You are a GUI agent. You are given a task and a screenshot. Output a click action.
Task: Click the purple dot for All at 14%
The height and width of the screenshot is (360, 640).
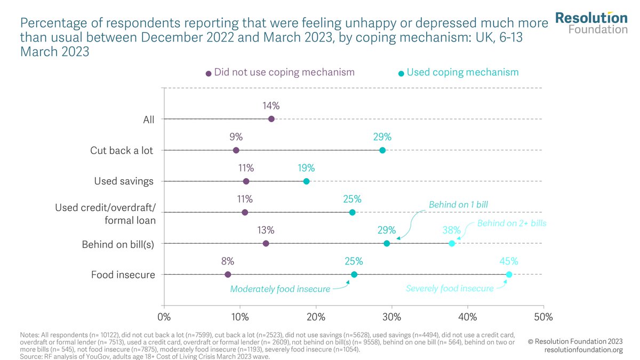tap(271, 118)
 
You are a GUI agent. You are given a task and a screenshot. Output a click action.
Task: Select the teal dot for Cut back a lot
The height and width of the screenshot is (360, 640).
tap(382, 150)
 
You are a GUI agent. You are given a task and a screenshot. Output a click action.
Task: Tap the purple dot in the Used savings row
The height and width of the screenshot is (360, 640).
tap(246, 181)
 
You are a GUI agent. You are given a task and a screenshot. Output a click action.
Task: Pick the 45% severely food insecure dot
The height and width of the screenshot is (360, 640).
tap(509, 274)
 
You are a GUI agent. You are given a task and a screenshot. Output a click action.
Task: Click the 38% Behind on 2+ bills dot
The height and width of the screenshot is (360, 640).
tap(452, 243)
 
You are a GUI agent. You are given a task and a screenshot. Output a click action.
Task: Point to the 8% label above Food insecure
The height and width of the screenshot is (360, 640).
tap(228, 261)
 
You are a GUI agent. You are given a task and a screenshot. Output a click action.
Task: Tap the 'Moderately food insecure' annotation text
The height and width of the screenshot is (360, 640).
tap(280, 289)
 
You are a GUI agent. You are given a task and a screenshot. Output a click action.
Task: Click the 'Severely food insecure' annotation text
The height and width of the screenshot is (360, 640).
tap(450, 289)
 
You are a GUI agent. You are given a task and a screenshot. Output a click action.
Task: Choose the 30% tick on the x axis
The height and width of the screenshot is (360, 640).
tap(391, 316)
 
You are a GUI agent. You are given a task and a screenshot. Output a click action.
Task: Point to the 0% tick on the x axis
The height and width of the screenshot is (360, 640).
tap(164, 316)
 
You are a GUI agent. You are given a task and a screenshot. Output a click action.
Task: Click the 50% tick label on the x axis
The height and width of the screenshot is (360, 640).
tap(543, 316)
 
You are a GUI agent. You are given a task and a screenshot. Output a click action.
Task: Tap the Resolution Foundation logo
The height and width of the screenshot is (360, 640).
tap(591, 23)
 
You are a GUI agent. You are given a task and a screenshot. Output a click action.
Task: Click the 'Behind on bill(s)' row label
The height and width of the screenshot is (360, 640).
tap(118, 245)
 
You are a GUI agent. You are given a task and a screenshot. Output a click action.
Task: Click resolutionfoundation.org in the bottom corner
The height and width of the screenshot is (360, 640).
tap(583, 350)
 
